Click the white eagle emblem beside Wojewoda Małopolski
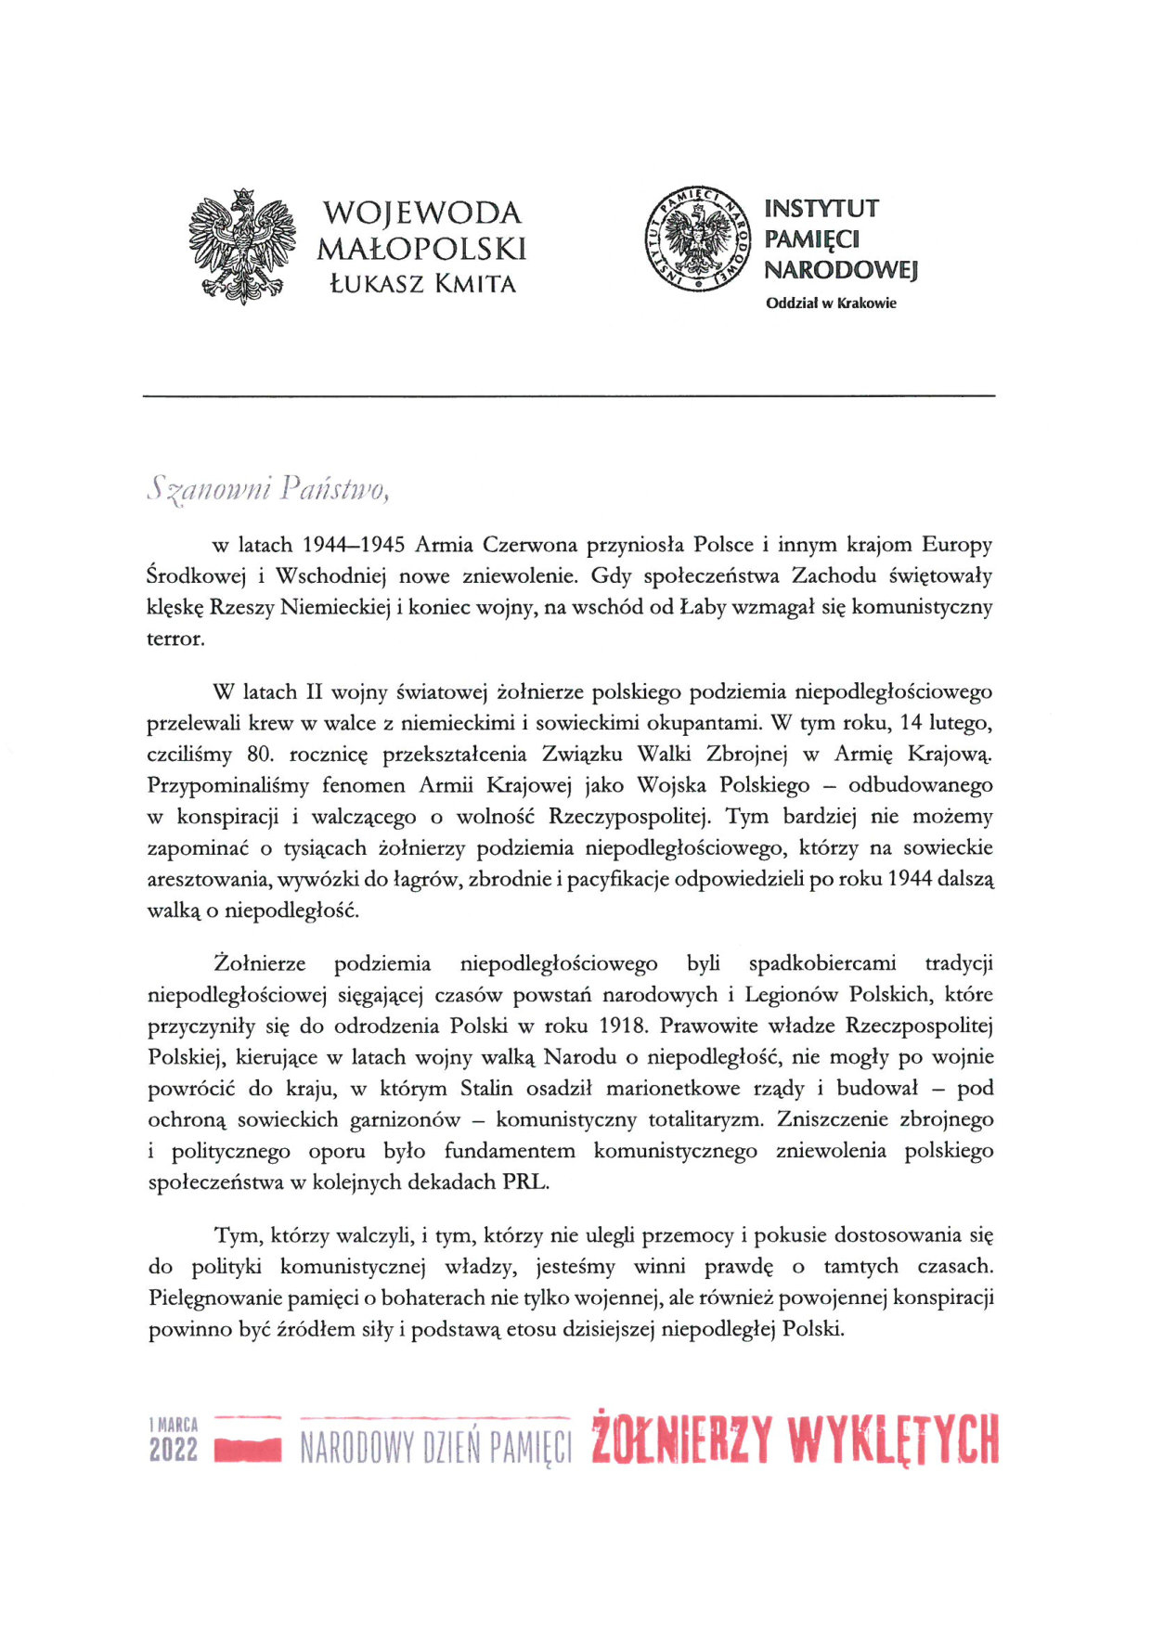241,246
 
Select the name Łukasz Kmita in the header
422,284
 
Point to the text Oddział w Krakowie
831,303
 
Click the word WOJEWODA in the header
422,213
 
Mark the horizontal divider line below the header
568,396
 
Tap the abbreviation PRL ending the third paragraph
524,1182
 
